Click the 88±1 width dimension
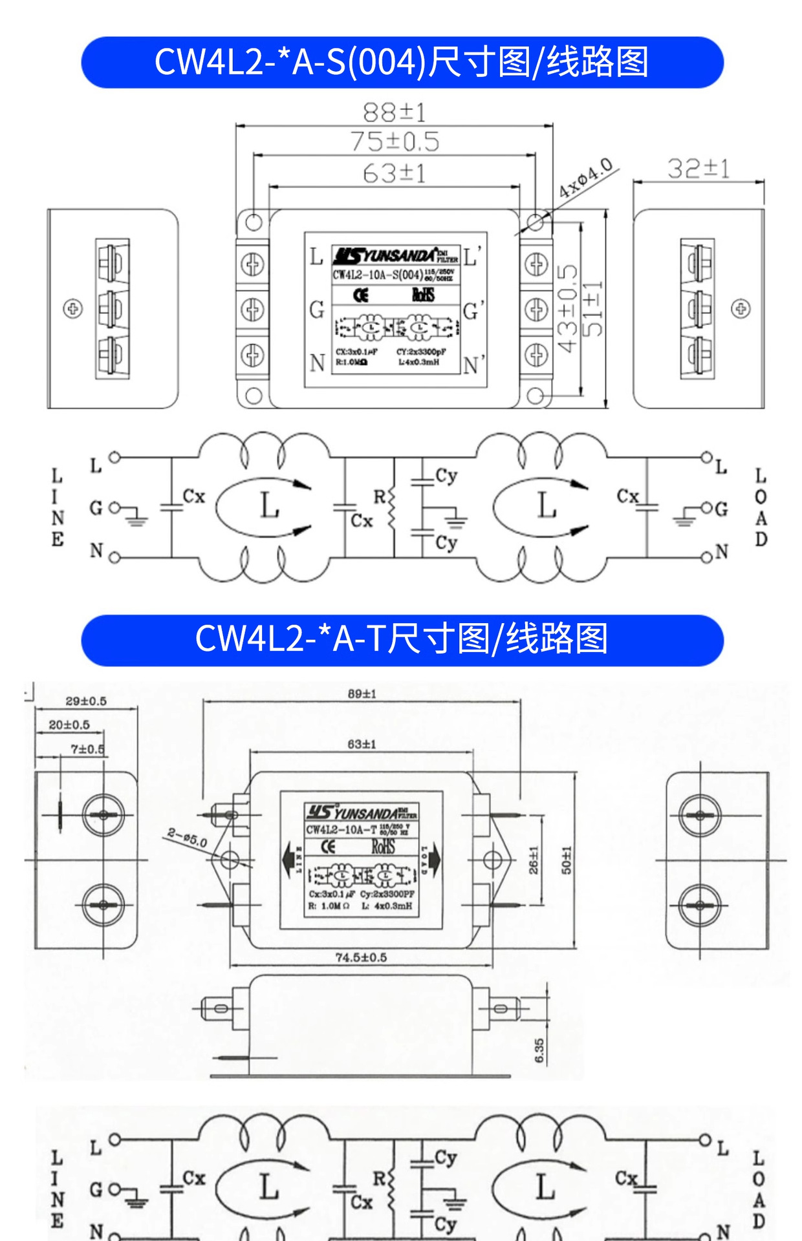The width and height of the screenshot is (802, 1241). coord(394,112)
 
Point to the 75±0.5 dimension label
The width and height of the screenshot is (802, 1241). coord(395,142)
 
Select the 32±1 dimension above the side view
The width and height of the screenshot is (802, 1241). coord(699,169)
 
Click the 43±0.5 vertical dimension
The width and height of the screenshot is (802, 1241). coord(567,308)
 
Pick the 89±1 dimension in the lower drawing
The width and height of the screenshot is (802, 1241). coord(362,694)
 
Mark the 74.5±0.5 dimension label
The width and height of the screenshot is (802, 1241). coord(361,957)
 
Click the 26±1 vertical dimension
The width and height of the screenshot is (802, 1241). coord(534,860)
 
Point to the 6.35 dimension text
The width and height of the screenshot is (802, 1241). coord(539,1050)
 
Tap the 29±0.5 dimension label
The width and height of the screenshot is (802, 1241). coord(86,701)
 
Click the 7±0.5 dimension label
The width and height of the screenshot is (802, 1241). coord(87,749)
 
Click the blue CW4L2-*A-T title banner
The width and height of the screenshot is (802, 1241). coord(402,640)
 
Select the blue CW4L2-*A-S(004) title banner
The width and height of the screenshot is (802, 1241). coord(402,62)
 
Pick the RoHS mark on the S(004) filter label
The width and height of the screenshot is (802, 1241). coord(423,295)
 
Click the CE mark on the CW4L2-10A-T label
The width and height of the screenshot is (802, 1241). coord(329,847)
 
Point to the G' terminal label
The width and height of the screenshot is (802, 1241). coord(473,311)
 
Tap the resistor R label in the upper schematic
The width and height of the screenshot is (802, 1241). coord(380,496)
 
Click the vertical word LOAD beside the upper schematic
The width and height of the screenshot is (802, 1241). coord(761,507)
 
